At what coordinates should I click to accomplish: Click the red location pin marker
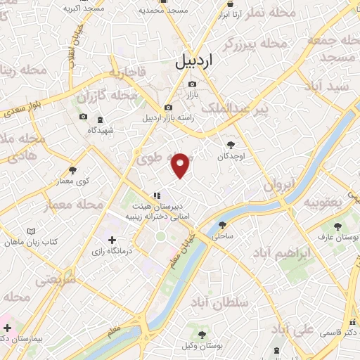pos(181,165)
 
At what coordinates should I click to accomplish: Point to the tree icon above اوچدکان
pos(231,145)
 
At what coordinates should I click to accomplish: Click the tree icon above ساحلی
pos(223,226)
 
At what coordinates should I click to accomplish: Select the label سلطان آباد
pos(245,302)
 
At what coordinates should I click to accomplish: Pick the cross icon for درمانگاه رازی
pos(112,240)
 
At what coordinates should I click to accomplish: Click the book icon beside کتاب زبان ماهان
pos(30,231)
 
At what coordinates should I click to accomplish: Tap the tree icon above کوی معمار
pos(72,169)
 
